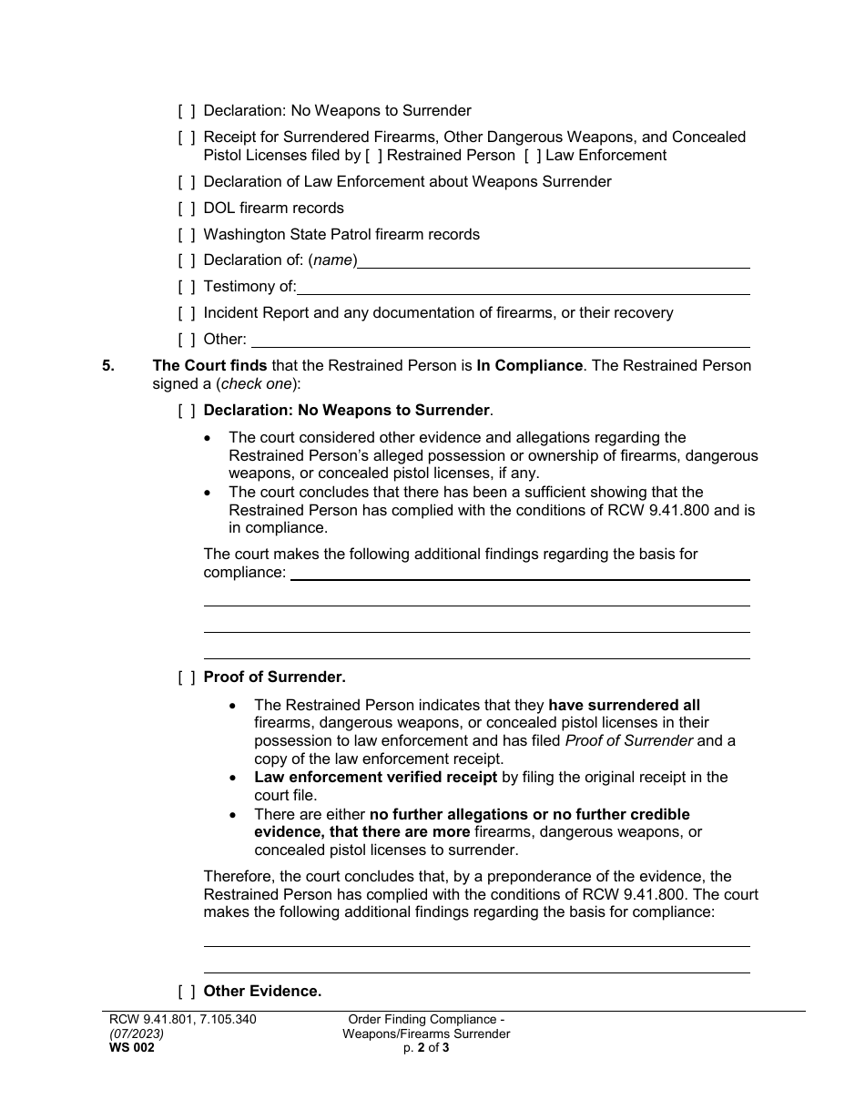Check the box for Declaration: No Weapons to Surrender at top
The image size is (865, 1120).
[187, 111]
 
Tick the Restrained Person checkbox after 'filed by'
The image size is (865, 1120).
[373, 156]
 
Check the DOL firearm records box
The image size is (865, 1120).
[187, 209]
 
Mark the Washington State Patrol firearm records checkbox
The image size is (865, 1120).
[187, 235]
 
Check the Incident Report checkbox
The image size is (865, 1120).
[187, 313]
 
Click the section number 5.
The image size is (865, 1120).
[108, 366]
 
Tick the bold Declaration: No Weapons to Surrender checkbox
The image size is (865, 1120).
[187, 411]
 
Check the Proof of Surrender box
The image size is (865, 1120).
[187, 677]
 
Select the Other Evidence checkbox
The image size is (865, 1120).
[187, 992]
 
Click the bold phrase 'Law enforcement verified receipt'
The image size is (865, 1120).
[375, 778]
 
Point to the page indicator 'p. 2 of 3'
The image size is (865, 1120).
[426, 1048]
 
